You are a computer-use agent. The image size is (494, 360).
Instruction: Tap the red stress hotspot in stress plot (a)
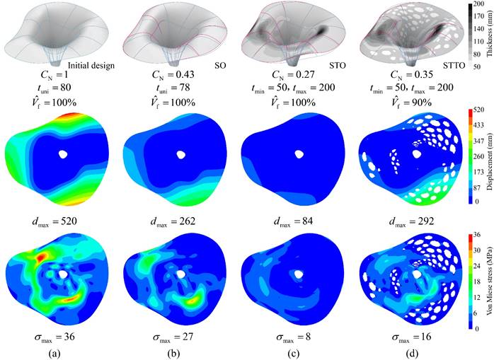pyautogui.click(x=42, y=255)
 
